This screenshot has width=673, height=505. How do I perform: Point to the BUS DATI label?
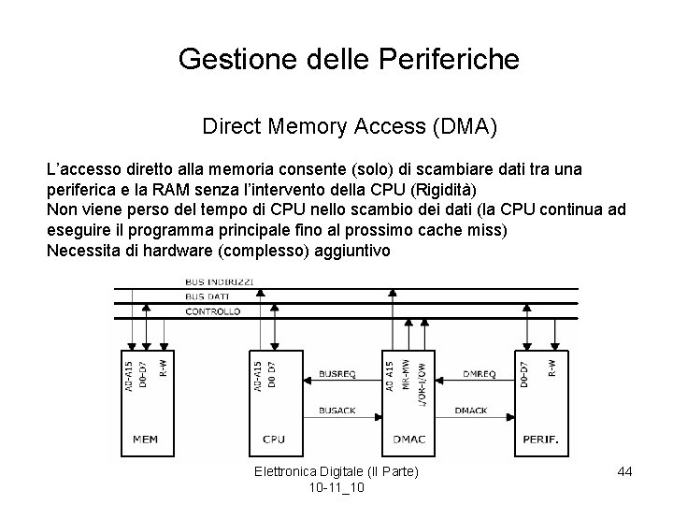tap(207, 296)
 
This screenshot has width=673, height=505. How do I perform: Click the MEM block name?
tap(144, 437)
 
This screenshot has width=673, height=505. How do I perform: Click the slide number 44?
tap(625, 472)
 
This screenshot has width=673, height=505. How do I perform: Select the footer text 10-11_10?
tap(336, 489)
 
